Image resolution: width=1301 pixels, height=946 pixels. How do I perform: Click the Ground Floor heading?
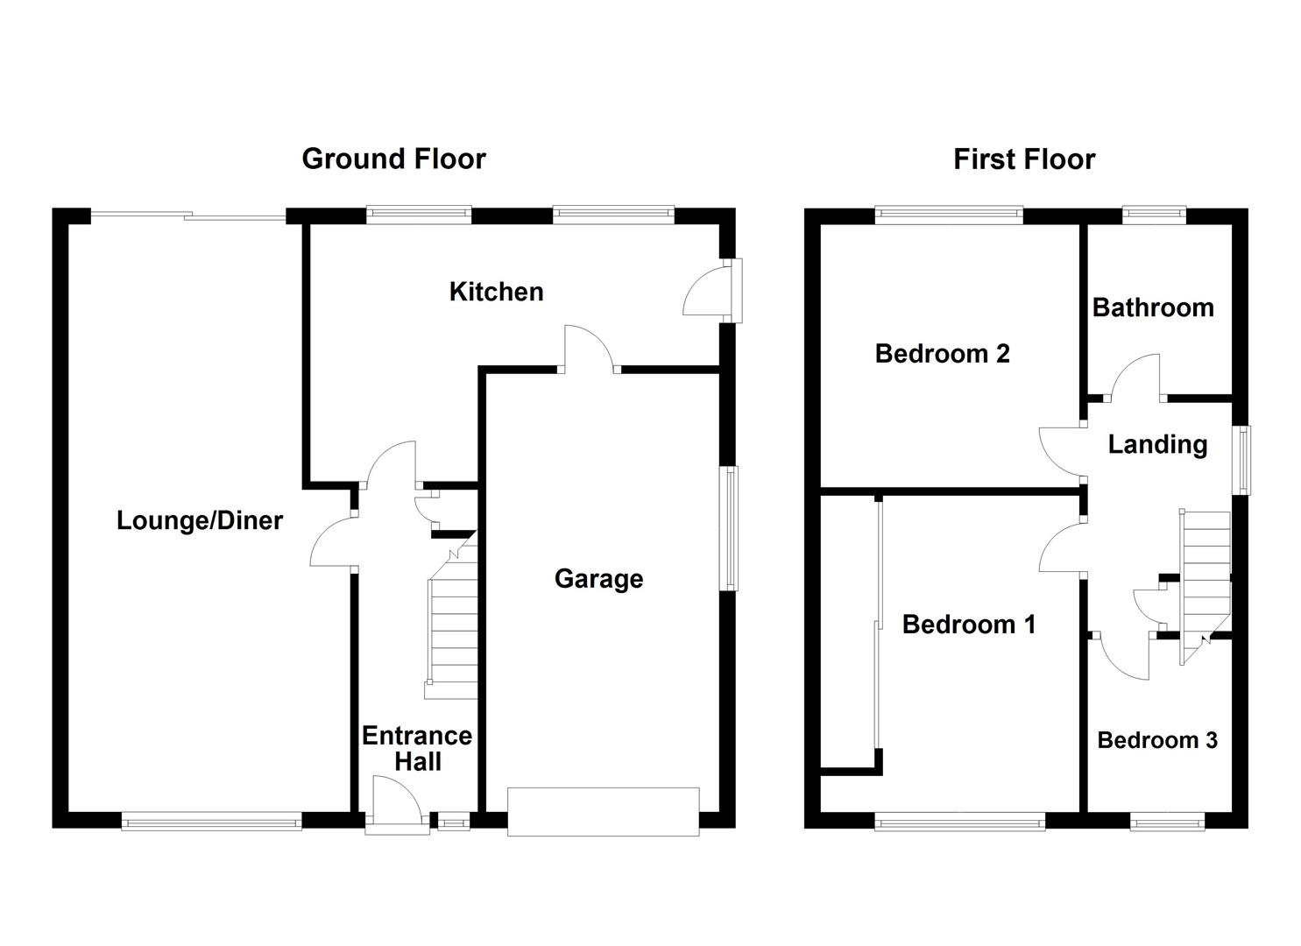[x=393, y=159]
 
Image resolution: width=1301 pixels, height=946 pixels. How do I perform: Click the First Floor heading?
[x=1023, y=159]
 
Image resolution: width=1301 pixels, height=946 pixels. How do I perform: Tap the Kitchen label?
[x=496, y=292]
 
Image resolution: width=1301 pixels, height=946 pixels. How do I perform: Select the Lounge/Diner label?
[x=200, y=520]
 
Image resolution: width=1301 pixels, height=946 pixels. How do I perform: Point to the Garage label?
[x=598, y=578]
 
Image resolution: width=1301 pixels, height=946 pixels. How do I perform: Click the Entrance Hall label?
[x=417, y=748]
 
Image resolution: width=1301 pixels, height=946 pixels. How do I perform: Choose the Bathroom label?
[x=1153, y=307]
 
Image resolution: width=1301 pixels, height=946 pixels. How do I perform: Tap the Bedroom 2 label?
[x=942, y=353]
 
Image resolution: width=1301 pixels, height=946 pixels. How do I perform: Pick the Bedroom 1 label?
[x=968, y=624]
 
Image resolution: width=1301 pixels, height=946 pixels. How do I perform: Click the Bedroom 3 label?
[x=1156, y=740]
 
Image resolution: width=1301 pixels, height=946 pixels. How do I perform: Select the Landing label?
[x=1157, y=444]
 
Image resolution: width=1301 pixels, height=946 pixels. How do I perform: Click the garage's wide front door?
[x=603, y=811]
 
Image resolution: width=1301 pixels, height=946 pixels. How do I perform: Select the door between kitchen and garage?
[x=589, y=350]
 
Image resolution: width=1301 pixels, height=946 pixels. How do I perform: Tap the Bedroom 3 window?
[x=1166, y=822]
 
